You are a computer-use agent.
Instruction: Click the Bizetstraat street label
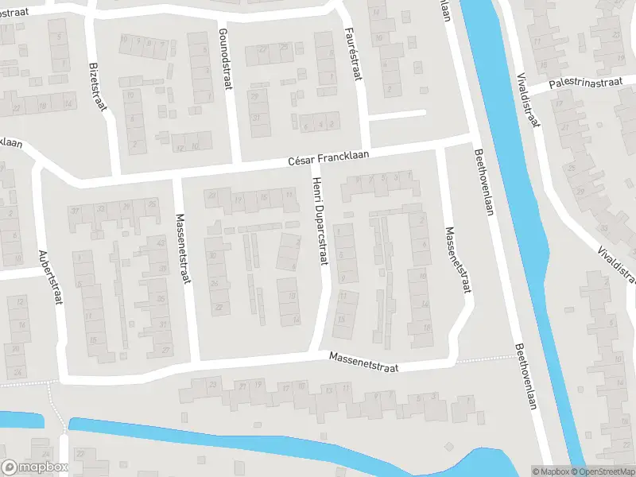point(97,87)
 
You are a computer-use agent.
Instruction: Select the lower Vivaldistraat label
point(617,263)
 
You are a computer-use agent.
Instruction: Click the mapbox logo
point(34,467)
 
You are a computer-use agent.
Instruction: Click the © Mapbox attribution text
point(550,471)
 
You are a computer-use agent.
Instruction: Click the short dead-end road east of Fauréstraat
point(397,115)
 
